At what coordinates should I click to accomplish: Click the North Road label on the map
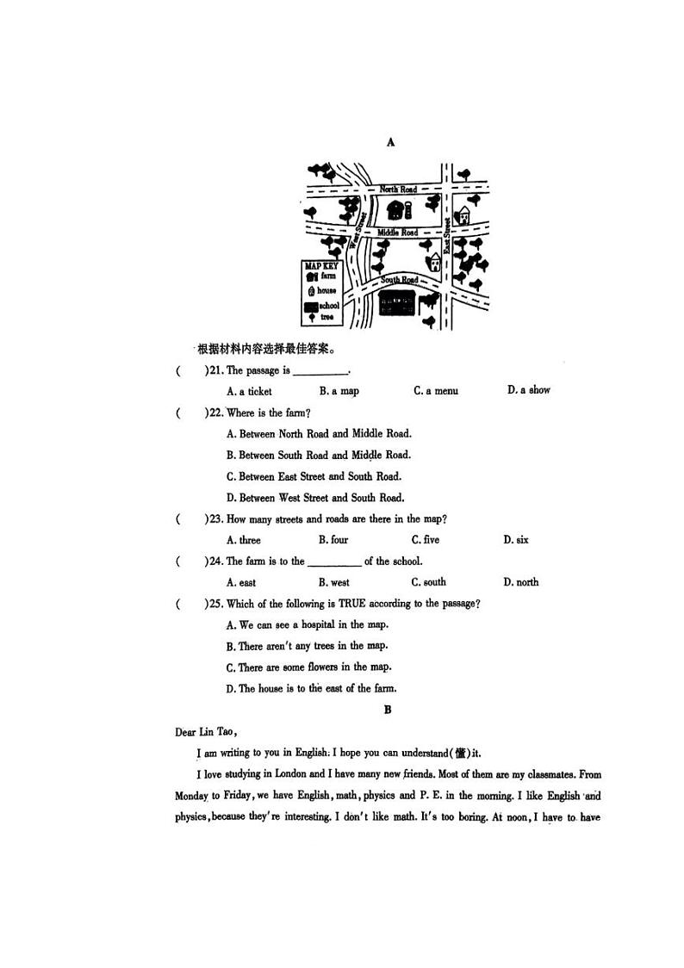398,189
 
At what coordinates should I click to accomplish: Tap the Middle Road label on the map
397,233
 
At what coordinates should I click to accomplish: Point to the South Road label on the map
400,280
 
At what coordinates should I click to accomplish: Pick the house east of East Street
463,214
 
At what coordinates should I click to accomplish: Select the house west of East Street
435,260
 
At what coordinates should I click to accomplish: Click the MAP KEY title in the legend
320,266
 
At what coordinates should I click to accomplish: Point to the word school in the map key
329,306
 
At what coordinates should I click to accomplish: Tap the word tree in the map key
326,318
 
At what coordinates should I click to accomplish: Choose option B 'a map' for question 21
339,391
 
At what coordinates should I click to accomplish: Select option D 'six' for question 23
516,540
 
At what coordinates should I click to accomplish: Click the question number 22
215,413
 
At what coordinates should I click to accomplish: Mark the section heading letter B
388,710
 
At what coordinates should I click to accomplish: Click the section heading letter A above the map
391,142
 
